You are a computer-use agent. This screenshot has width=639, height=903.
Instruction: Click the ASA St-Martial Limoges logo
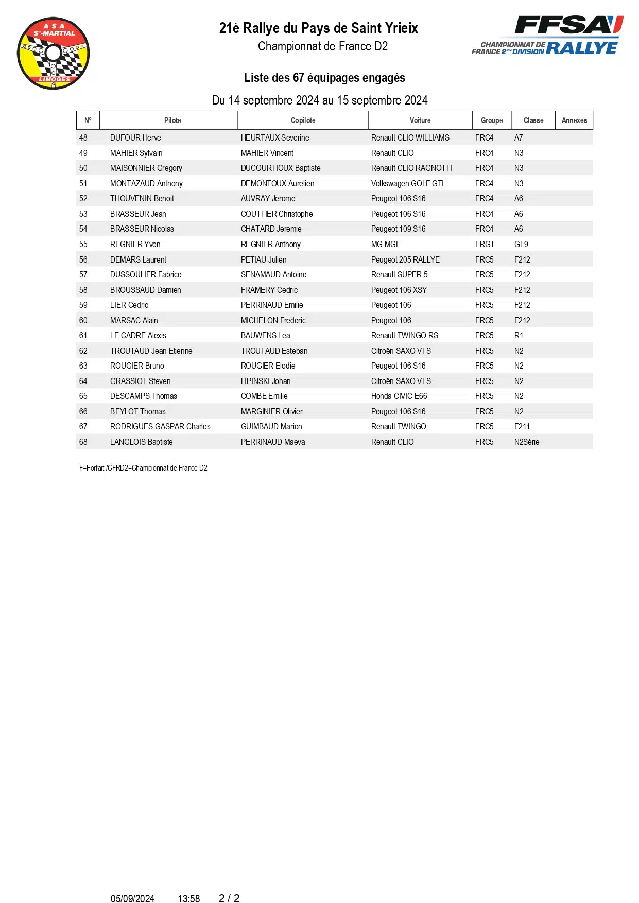(x=54, y=53)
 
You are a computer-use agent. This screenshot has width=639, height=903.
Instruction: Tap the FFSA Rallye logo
(x=547, y=35)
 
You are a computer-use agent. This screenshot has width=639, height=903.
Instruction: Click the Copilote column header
(x=303, y=120)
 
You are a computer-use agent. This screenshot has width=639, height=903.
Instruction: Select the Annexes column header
(x=574, y=120)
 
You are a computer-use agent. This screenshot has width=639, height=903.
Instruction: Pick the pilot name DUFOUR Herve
(x=135, y=138)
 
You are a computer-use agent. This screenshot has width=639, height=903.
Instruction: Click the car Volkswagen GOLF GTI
(x=407, y=184)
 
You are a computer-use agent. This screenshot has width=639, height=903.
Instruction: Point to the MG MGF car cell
(x=385, y=245)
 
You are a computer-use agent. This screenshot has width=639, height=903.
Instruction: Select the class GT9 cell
(x=521, y=245)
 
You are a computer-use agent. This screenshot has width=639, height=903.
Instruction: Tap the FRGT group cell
(x=485, y=245)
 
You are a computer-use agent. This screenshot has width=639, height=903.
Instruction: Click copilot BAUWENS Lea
(x=265, y=336)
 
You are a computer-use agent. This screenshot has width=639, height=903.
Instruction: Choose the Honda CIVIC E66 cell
(x=399, y=396)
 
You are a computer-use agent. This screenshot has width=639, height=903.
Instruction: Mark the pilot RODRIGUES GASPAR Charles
(x=160, y=427)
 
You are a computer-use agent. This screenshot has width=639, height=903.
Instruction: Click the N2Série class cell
(x=527, y=442)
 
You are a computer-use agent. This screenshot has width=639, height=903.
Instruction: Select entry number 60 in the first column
(x=83, y=321)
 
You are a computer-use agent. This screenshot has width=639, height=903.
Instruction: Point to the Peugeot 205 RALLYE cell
(x=405, y=260)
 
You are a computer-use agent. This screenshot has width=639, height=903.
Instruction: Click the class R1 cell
(x=519, y=336)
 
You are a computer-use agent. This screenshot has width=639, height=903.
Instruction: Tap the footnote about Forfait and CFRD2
(x=143, y=468)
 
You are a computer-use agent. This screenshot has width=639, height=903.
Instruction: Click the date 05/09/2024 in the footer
(x=132, y=899)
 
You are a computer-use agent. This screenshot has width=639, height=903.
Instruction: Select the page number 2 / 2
(x=229, y=898)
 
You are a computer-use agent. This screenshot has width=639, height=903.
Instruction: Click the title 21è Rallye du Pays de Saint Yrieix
(x=318, y=28)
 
